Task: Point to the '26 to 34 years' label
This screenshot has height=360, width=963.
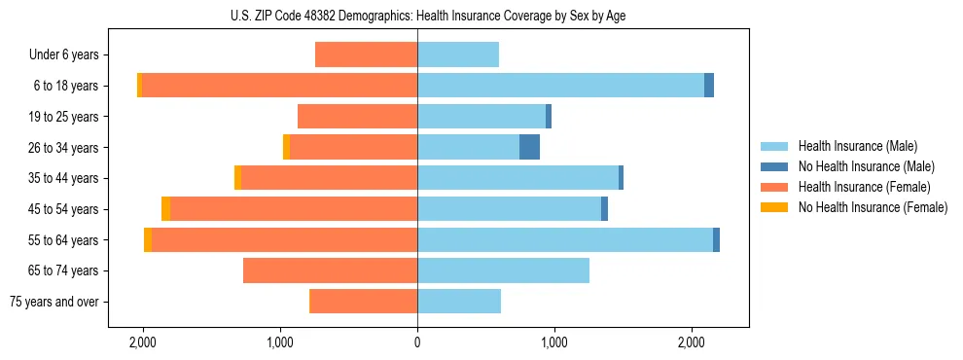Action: coord(65,148)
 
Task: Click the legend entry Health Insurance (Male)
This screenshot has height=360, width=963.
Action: coord(857,146)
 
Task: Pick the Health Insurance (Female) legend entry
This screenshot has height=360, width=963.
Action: coord(864,187)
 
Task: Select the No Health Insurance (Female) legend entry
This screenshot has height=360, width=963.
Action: coord(873,207)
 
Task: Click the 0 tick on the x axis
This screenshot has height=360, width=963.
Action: coord(417,342)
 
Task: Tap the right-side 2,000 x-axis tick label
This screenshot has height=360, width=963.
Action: coord(691,342)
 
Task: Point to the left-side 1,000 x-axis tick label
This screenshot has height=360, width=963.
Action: coord(280,342)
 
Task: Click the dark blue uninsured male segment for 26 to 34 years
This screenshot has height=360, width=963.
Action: coord(529,147)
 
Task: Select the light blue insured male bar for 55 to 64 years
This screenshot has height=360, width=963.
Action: coord(564,239)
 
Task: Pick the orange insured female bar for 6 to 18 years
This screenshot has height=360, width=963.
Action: coord(279,86)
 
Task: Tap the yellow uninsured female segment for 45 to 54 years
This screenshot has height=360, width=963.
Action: coord(165,208)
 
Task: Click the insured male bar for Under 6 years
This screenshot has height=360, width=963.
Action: coord(458,54)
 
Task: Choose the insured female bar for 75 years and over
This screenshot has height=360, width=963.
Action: coord(363,302)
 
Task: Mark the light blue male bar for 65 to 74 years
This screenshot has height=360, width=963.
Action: coord(503,270)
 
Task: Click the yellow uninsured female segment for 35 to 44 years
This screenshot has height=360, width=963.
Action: coord(237,178)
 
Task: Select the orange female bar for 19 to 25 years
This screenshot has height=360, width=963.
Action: coord(357,117)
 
